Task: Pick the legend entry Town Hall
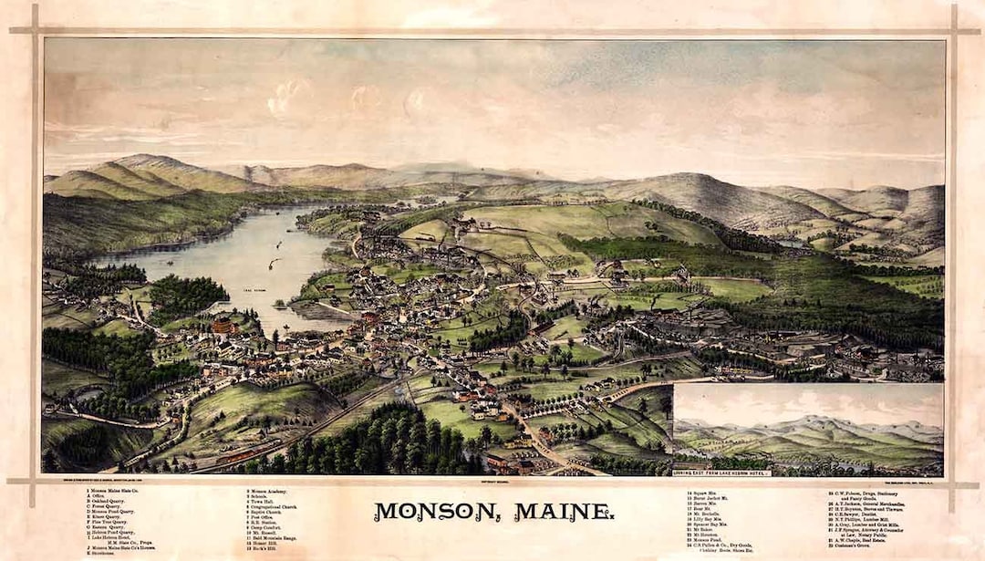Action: coord(262,502)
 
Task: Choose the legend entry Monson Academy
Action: coord(268,492)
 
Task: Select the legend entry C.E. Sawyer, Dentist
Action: coord(876,514)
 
